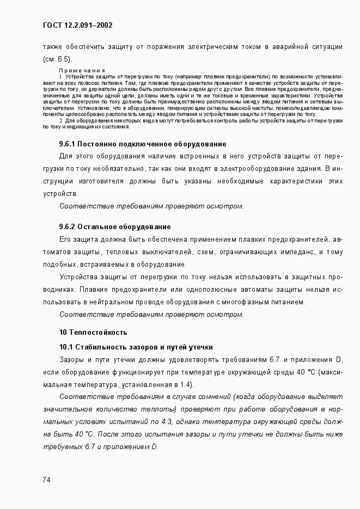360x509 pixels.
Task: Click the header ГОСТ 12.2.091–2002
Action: point(77,25)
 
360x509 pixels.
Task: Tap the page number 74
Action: point(47,479)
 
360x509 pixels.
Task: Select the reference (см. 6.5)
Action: point(57,59)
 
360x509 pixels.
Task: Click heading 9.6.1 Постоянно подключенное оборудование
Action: point(142,144)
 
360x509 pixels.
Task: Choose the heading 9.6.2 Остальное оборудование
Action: point(115,226)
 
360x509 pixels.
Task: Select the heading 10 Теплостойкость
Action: point(93,332)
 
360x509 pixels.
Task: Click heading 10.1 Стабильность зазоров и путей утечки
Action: point(136,347)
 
